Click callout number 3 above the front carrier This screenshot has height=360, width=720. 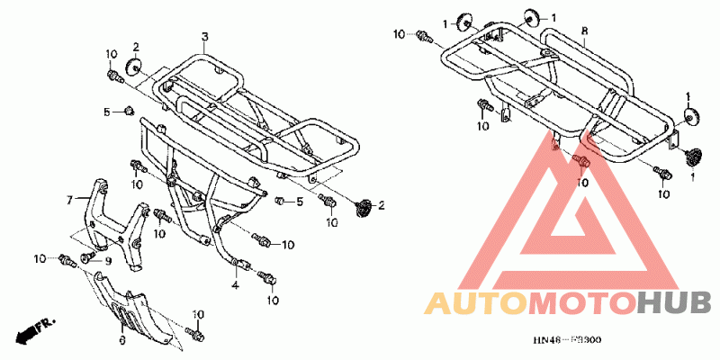click(x=204, y=36)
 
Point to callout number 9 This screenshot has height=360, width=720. click(x=108, y=261)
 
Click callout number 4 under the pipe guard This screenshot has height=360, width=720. click(x=234, y=285)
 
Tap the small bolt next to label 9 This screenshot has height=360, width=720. click(x=87, y=259)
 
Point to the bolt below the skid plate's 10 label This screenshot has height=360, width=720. click(x=192, y=334)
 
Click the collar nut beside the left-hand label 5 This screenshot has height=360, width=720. click(x=129, y=111)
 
